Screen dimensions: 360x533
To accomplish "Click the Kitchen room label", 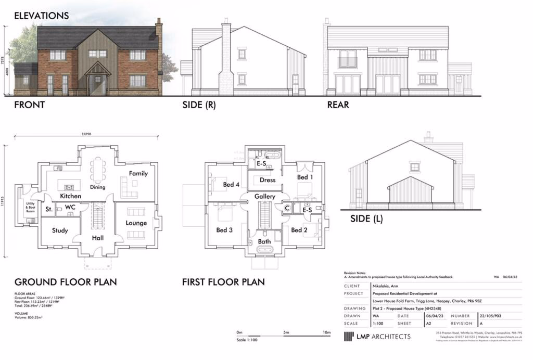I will tap(70, 196).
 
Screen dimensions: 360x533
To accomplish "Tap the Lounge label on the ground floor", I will tap(136, 223).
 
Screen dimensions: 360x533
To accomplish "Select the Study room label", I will tap(60, 230).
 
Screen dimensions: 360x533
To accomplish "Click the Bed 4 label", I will tap(232, 185).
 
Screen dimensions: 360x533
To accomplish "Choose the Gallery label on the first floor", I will tap(265, 197).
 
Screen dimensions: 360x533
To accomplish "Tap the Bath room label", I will tap(264, 242).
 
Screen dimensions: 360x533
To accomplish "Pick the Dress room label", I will tap(268, 181).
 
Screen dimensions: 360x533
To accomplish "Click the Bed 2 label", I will tap(299, 230).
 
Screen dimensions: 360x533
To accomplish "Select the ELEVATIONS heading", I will tap(41, 16).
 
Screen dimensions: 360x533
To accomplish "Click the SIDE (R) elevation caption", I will tap(199, 105).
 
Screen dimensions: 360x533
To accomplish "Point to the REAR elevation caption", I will tap(338, 105).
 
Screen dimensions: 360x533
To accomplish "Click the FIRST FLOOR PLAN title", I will tap(223, 282).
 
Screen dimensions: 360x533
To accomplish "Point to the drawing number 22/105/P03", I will tap(493, 316).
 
